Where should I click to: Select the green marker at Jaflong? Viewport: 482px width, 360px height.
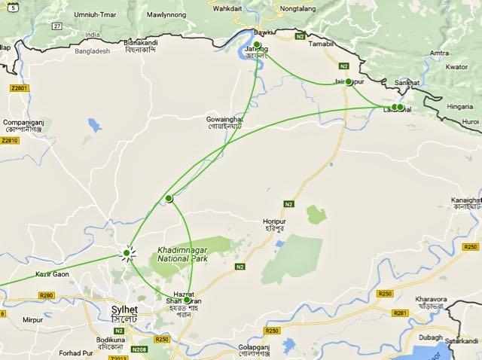click(257, 45)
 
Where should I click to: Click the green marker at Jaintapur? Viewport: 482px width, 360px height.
click(349, 82)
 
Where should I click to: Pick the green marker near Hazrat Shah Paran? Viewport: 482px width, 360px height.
click(187, 300)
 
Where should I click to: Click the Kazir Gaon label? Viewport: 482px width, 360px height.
click(53, 273)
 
